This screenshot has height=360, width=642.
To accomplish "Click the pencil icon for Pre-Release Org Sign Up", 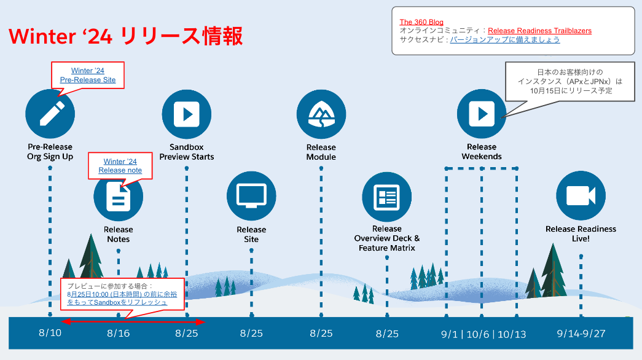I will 50,114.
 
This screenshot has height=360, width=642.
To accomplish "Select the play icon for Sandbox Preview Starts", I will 186,114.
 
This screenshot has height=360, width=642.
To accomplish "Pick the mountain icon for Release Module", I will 321,114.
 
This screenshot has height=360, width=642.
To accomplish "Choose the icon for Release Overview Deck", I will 386,197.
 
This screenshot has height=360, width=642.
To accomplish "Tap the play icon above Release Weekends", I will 481,114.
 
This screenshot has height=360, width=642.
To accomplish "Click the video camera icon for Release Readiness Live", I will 581,196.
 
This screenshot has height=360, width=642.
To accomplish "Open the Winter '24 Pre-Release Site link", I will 88,76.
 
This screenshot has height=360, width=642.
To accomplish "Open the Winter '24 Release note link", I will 120,166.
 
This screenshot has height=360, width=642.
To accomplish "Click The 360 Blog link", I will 421,22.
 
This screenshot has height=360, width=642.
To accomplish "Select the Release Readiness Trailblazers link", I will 539,31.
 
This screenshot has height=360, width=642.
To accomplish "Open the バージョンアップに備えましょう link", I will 504,40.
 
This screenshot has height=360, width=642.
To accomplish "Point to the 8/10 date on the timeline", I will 50,334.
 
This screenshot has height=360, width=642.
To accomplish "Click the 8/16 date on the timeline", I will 119,334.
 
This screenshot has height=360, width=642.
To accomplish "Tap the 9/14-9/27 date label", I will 581,334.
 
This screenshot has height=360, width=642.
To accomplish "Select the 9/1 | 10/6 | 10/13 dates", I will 483,334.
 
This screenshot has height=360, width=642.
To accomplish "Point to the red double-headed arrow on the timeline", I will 133,321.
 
